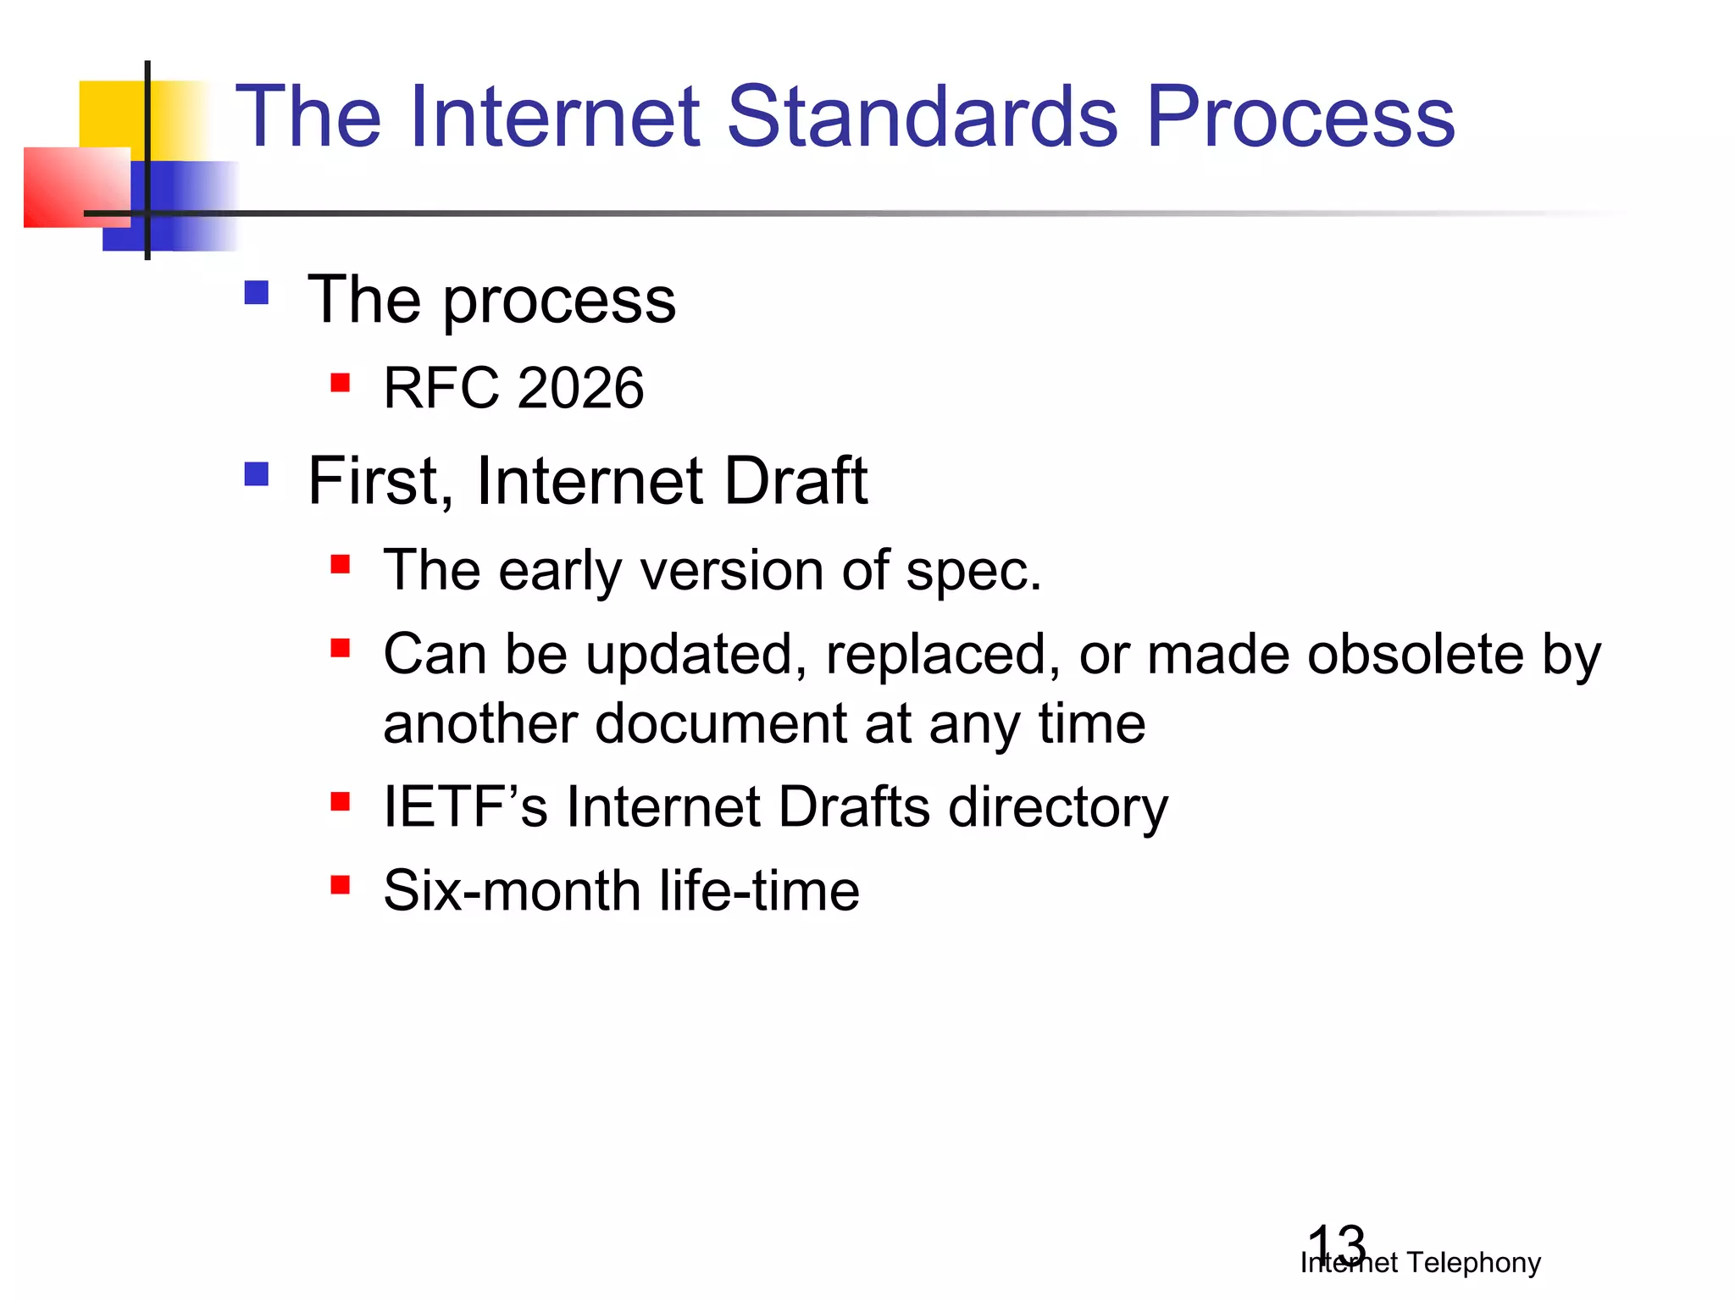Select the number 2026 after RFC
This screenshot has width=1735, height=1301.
580,388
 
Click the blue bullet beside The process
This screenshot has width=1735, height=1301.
256,293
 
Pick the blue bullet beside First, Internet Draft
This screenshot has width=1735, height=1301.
256,473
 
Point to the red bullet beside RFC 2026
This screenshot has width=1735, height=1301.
341,383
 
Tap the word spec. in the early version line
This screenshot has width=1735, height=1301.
973,571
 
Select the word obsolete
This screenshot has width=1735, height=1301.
1415,654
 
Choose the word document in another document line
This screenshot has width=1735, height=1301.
721,723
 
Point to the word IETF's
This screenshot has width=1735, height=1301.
465,806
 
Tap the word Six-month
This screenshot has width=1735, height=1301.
512,891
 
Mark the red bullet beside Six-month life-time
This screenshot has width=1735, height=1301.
341,885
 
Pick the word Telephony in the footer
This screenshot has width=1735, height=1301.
1474,1263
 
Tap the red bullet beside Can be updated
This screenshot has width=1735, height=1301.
341,649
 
